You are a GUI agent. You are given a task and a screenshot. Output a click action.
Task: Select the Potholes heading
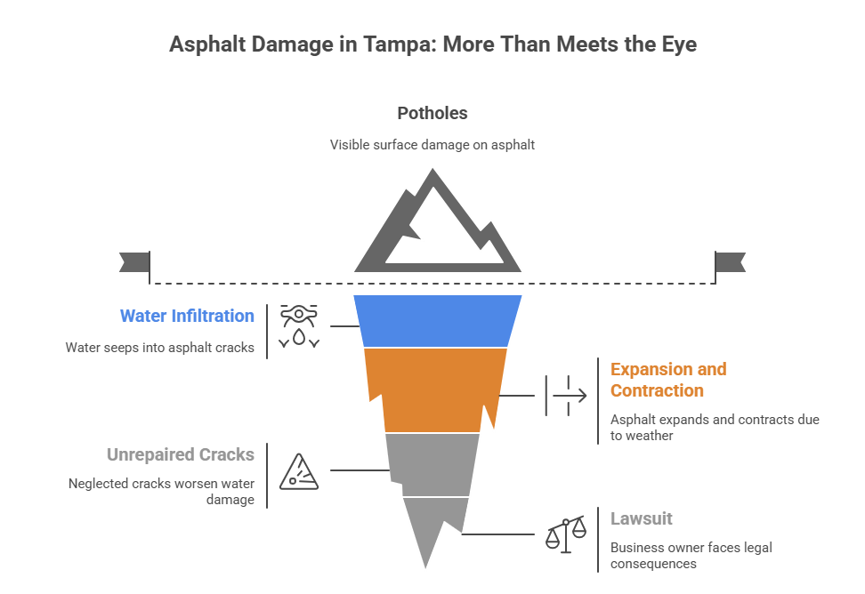pyautogui.click(x=432, y=114)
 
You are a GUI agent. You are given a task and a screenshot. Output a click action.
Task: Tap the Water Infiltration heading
pyautogui.click(x=187, y=316)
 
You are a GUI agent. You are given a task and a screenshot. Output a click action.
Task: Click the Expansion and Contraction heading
pyautogui.click(x=667, y=380)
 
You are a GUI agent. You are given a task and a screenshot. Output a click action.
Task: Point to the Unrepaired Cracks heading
pyautogui.click(x=181, y=454)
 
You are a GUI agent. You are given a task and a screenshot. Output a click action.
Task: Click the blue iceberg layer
pyautogui.click(x=437, y=320)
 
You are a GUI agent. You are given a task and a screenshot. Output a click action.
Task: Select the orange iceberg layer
pyautogui.click(x=436, y=388)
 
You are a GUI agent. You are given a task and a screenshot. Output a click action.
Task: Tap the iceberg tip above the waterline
pyautogui.click(x=436, y=227)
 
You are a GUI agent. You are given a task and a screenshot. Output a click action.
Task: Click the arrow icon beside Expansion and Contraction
pyautogui.click(x=567, y=395)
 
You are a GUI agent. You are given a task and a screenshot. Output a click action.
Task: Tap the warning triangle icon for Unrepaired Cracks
pyautogui.click(x=299, y=471)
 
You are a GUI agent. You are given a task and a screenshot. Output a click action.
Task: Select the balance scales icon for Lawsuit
pyautogui.click(x=567, y=533)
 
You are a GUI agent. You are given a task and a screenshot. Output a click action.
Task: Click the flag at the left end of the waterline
pyautogui.click(x=133, y=262)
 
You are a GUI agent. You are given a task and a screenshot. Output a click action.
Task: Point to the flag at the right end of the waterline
pyautogui.click(x=731, y=262)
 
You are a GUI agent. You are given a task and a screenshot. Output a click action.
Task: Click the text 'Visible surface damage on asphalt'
pyautogui.click(x=432, y=144)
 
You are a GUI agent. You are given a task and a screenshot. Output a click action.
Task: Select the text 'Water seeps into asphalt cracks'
pyautogui.click(x=160, y=348)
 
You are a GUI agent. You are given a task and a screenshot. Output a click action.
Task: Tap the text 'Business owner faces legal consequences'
pyautogui.click(x=691, y=555)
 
